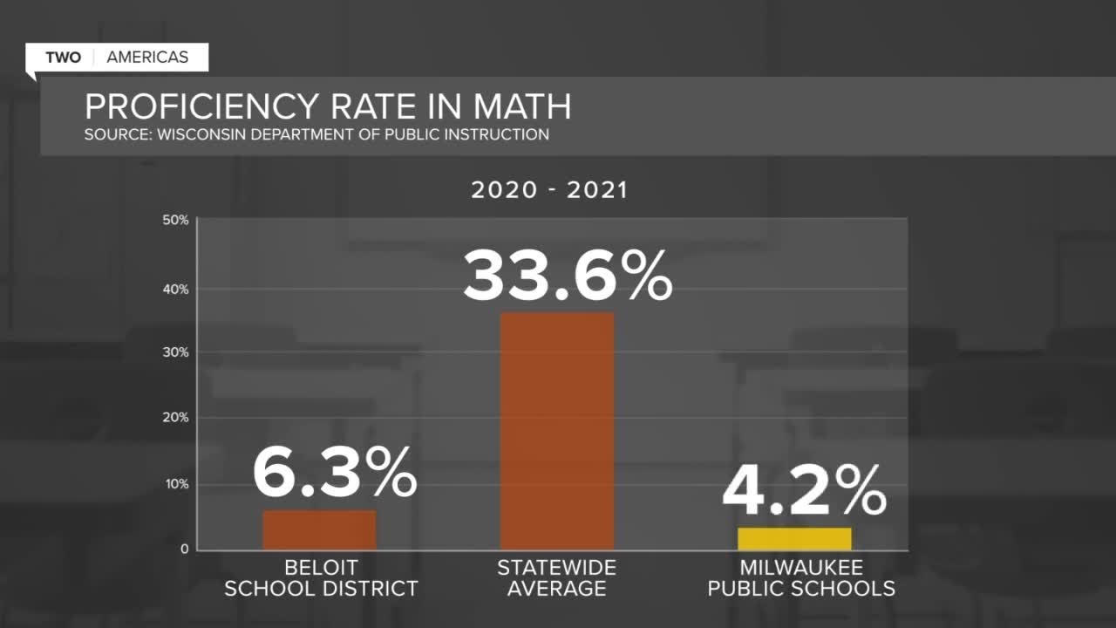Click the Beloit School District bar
319,529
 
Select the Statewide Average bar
556,431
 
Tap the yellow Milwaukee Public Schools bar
794,538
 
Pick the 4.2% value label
804,493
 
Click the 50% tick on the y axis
175,220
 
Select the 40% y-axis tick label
175,290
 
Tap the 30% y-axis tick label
175,352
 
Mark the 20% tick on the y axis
175,418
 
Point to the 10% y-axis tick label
175,484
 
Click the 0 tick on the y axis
185,549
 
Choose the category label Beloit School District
321,578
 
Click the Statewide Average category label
556,578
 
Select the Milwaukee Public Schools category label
800,578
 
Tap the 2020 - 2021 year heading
549,190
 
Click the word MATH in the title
522,106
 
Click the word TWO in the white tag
63,58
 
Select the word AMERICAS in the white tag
147,58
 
